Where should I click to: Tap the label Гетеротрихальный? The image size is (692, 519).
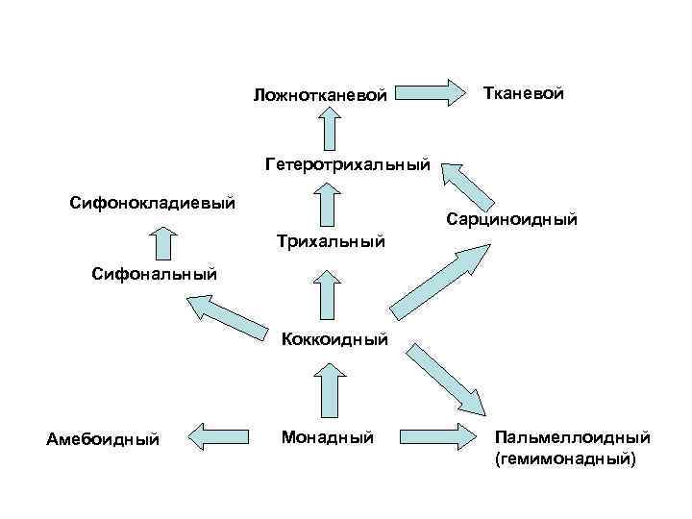pyautogui.click(x=347, y=165)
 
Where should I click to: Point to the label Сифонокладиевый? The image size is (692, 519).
pyautogui.click(x=153, y=203)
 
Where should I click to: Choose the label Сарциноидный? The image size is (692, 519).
pyautogui.click(x=511, y=220)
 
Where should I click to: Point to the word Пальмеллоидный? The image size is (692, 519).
pyautogui.click(x=573, y=438)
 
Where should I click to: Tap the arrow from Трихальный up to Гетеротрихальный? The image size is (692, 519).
pyautogui.click(x=330, y=203)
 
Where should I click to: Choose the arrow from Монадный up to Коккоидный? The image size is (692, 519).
pyautogui.click(x=330, y=392)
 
